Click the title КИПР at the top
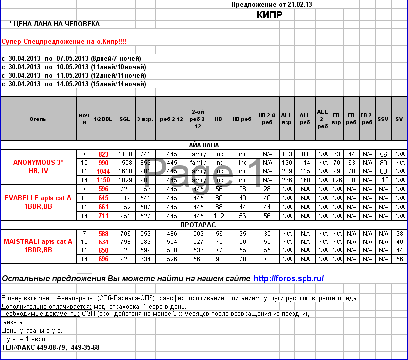click(269, 15)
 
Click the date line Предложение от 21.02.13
click(272, 5)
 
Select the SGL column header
click(125, 119)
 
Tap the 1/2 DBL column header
click(102, 119)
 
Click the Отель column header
click(38, 119)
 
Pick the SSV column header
click(383, 119)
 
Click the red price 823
click(103, 154)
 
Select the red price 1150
click(103, 180)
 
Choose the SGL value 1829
click(125, 180)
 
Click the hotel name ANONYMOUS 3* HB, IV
click(38, 167)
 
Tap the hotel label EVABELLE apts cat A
click(38, 198)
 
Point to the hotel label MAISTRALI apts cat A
click(38, 241)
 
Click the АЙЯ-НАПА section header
click(204, 145)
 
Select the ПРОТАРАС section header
click(204, 225)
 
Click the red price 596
click(103, 189)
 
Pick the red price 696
click(103, 259)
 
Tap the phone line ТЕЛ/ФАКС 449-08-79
click(50, 347)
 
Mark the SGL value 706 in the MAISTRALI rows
click(125, 233)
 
